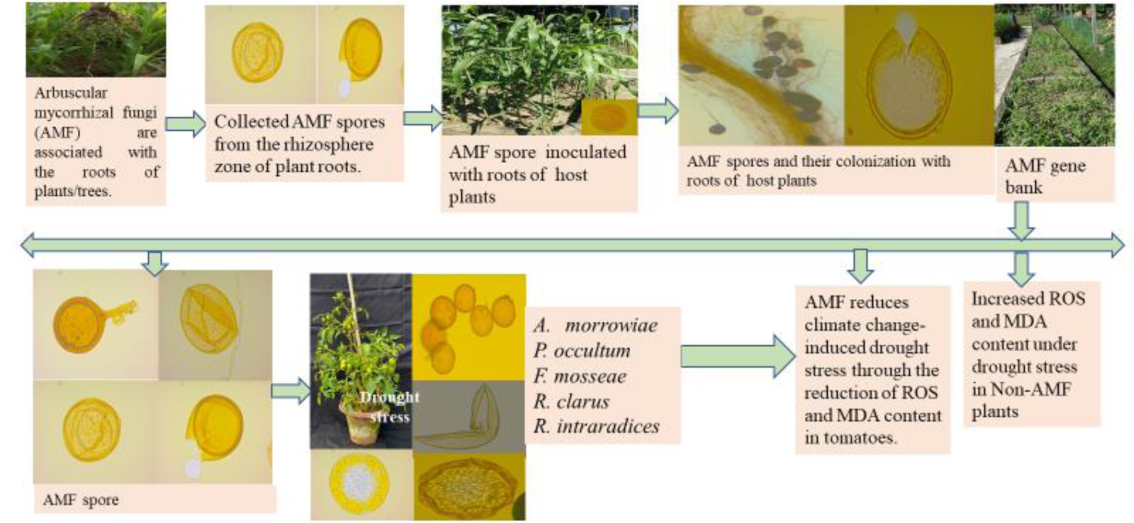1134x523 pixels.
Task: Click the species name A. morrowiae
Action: [596, 325]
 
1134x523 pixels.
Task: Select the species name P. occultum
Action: [582, 351]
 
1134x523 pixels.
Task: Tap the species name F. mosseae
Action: [580, 376]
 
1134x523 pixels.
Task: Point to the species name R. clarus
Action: [572, 401]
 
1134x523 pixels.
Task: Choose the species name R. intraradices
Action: [596, 426]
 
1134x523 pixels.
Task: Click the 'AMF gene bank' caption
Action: [1044, 177]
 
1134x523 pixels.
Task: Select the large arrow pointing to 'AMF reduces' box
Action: [737, 356]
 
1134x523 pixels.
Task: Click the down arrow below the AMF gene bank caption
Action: [1021, 220]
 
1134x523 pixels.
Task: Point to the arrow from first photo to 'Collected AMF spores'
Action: [185, 123]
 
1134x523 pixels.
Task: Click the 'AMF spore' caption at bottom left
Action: [81, 500]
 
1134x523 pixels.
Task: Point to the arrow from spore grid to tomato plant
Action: [291, 391]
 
